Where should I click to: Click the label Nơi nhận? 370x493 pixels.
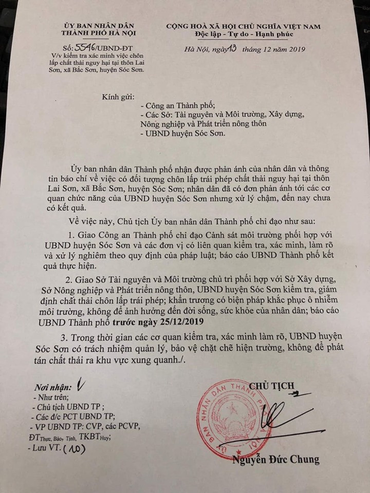click(x=51, y=386)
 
